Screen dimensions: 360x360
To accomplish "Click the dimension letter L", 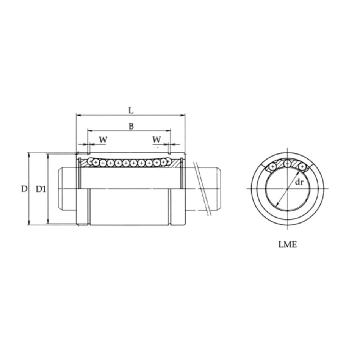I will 131,110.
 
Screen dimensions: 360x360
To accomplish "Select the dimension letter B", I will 131,127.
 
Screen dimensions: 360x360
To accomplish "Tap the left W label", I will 103,140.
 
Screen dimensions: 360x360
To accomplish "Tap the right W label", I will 157,140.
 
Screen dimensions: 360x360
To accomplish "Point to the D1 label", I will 41,189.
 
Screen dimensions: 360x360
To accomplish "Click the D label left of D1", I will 24,189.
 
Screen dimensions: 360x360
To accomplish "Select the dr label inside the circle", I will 299,183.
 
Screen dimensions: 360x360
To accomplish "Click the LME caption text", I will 288,245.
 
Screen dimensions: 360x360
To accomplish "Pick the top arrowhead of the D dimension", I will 29,155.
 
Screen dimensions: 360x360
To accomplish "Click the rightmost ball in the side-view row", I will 164,162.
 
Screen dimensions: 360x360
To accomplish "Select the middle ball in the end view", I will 288,164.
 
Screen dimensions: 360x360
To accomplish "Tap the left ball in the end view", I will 273,167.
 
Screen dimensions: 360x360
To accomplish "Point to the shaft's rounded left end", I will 60,188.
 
